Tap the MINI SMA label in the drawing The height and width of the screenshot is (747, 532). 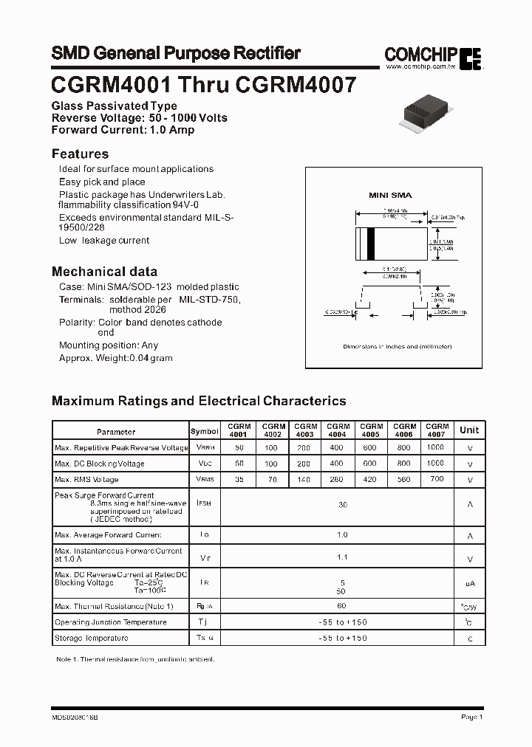point(390,195)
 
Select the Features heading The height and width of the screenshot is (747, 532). point(80,154)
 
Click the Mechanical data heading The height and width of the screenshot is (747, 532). point(104,271)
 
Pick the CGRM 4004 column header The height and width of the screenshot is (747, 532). point(338,430)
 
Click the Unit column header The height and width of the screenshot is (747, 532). point(469,430)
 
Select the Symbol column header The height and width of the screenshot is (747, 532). point(205,431)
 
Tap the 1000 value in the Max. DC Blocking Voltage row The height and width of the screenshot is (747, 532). point(436,464)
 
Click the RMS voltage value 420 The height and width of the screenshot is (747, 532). point(371,479)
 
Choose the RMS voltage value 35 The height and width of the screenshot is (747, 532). point(239,479)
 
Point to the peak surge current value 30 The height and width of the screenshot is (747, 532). point(342,505)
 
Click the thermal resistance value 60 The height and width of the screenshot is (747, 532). point(342,605)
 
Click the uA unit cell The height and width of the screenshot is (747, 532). point(469,583)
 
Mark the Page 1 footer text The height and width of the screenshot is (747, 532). point(471,717)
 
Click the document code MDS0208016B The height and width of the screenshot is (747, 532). point(75,717)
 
